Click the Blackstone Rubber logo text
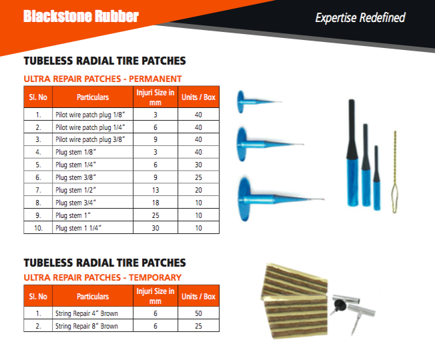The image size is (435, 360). pos(81,16)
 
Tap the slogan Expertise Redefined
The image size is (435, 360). pos(360,18)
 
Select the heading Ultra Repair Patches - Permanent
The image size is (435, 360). pos(103,79)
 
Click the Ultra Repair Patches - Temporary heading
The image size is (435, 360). pos(103,277)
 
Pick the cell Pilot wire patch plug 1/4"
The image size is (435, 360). pos(90,127)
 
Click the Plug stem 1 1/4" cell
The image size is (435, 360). pos(78,228)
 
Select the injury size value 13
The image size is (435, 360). pos(155,190)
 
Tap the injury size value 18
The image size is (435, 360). pos(155,203)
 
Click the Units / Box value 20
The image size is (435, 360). pos(198,190)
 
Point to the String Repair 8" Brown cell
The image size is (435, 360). pos(87,326)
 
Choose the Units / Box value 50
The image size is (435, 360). pos(198,313)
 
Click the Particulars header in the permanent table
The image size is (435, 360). pos(93,97)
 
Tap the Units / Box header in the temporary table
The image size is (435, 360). pos(198,296)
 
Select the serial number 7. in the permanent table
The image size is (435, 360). pos(38,190)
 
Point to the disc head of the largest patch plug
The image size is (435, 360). pos(245,199)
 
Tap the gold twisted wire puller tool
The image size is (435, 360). pos(394,172)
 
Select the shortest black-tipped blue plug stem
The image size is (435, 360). pos(376,177)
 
